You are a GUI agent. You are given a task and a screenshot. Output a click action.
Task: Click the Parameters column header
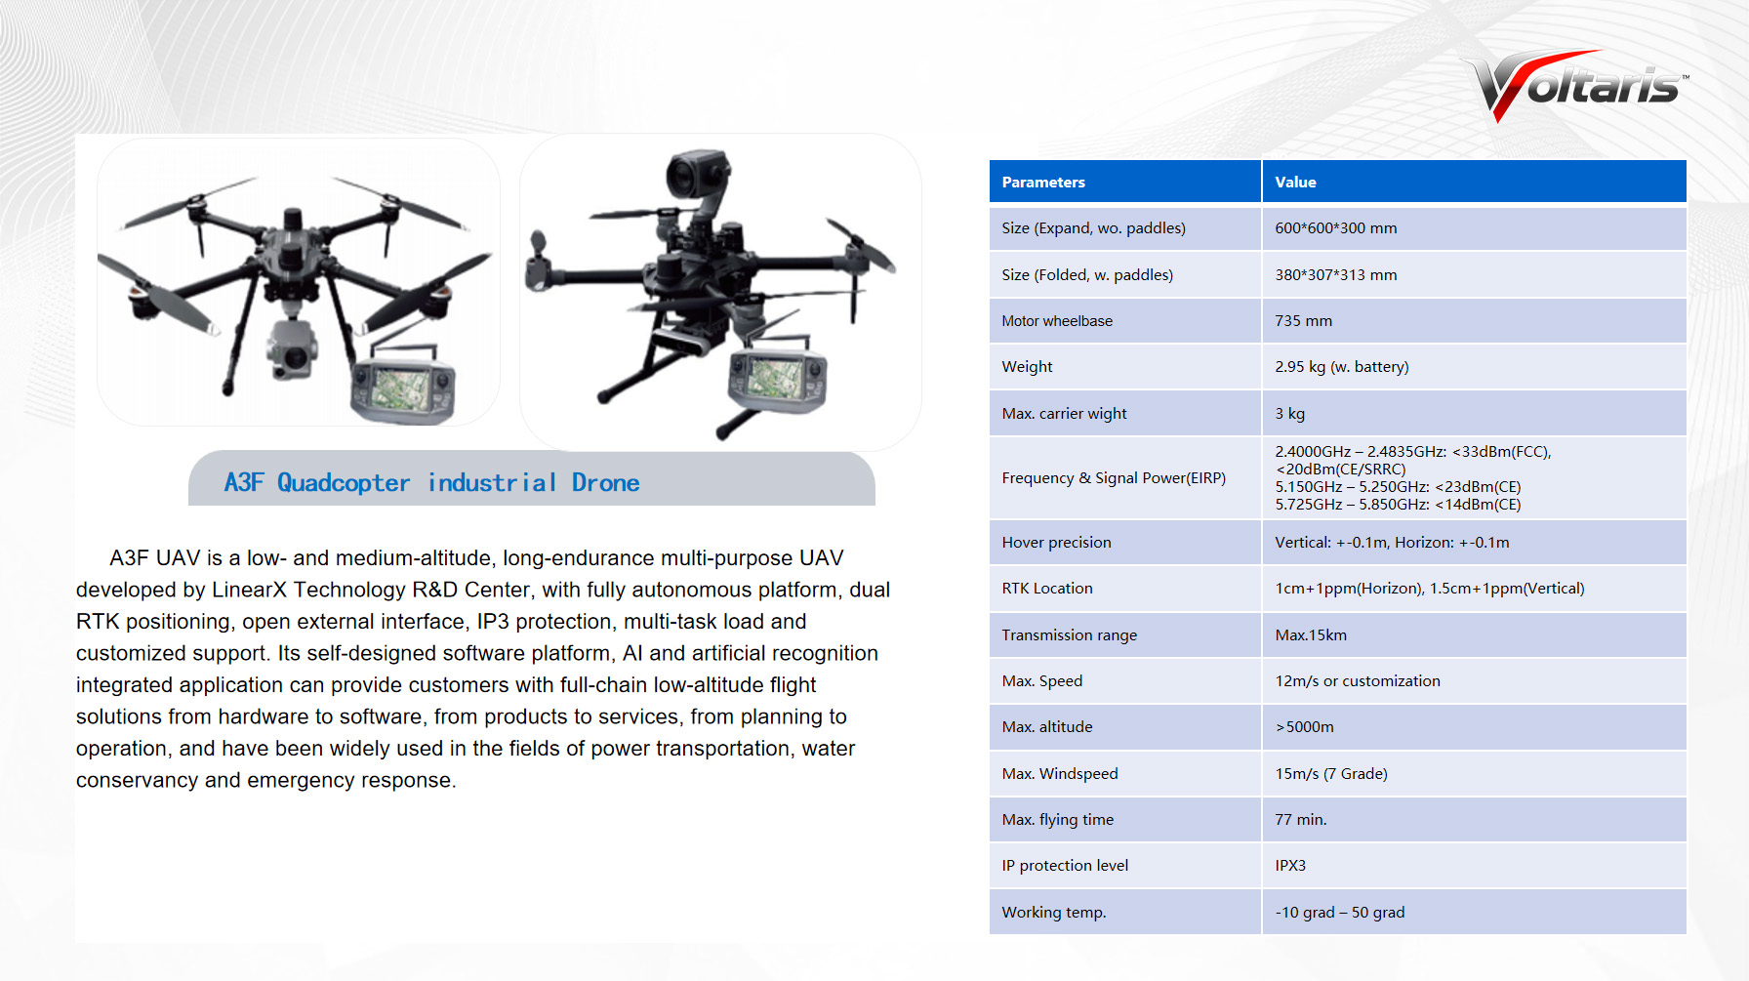point(1043,183)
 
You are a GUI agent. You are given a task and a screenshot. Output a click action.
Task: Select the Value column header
point(1295,183)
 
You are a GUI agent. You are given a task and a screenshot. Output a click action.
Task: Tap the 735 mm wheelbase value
point(1303,321)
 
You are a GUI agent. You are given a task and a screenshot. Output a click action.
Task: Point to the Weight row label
point(1027,367)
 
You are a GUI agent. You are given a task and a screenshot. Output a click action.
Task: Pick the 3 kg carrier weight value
point(1289,414)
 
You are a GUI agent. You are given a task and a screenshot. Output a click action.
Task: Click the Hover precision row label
point(1056,543)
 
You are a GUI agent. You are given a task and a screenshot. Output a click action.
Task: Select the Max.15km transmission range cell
point(1311,635)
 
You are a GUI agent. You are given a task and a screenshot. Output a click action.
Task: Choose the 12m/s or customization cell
point(1358,681)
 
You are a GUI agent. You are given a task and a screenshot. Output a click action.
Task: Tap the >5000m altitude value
point(1304,727)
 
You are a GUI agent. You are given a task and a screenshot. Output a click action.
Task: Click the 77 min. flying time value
point(1301,820)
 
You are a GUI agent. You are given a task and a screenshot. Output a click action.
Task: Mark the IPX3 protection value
point(1290,866)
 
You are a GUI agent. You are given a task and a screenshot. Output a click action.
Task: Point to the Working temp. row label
point(1054,913)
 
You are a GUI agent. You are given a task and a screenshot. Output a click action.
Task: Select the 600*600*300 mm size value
point(1336,228)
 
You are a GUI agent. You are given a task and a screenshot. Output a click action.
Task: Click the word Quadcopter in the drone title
point(344,483)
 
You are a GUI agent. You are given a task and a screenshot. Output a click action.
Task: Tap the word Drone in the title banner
point(606,483)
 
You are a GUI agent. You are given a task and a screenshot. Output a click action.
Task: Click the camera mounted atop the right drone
point(699,176)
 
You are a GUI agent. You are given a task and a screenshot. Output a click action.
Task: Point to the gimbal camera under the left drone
point(291,347)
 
